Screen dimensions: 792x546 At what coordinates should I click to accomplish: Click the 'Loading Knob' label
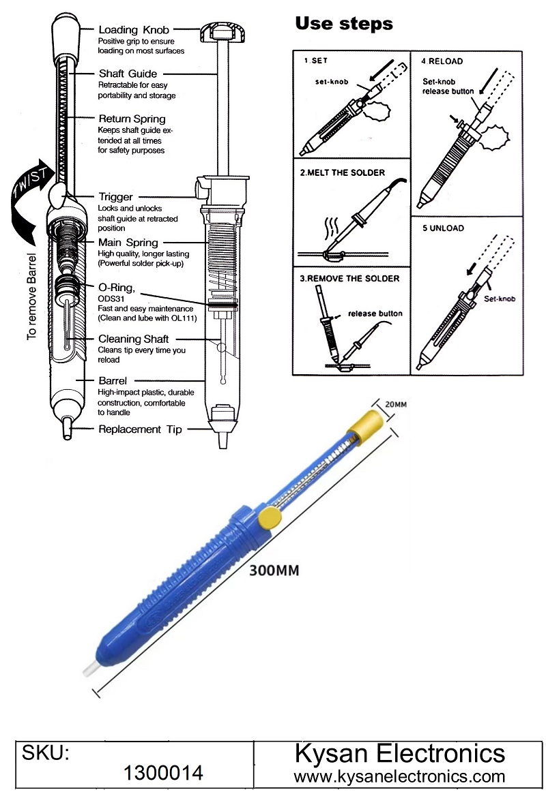134,30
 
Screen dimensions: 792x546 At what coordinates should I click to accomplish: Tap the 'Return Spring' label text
132,119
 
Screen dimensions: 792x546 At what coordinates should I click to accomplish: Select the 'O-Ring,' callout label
117,288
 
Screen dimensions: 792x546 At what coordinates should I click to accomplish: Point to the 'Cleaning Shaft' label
133,339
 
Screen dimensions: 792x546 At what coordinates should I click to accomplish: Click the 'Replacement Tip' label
140,429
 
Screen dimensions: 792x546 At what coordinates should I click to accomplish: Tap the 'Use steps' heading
343,24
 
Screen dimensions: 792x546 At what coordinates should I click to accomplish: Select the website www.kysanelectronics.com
399,776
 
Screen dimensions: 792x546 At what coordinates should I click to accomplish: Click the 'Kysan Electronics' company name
399,754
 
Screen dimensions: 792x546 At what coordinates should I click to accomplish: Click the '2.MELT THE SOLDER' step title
342,172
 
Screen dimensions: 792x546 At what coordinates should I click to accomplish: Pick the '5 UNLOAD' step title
442,228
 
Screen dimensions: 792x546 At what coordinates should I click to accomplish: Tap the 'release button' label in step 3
375,314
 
